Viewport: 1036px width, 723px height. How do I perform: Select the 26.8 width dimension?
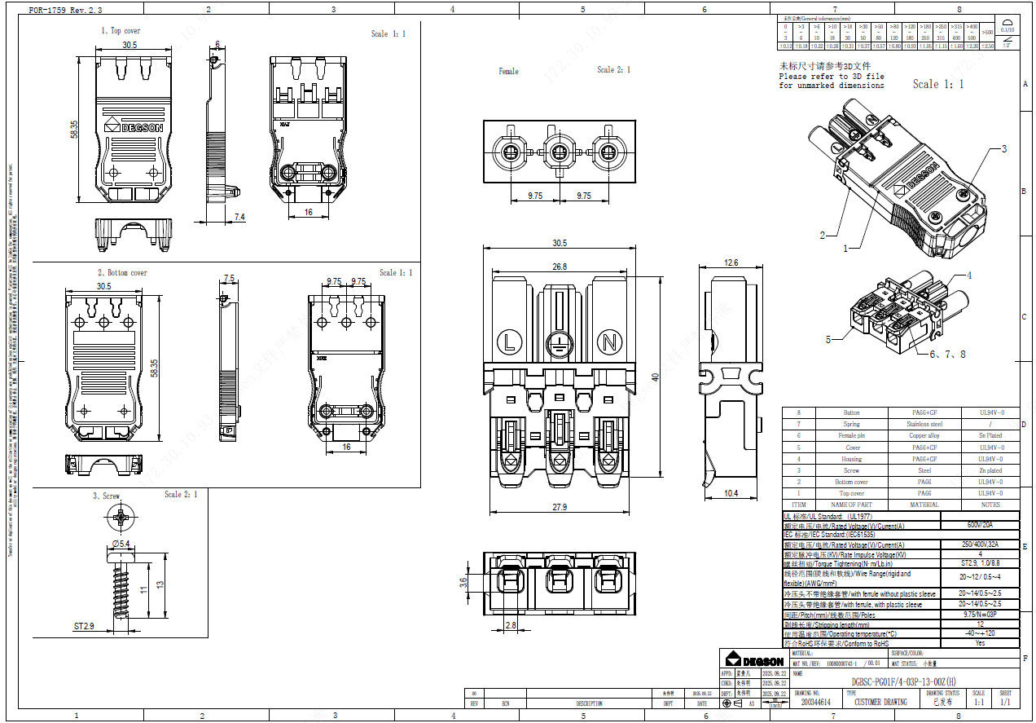click(559, 267)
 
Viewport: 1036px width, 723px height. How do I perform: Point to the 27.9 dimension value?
click(559, 508)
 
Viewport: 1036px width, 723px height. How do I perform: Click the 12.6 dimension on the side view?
click(731, 262)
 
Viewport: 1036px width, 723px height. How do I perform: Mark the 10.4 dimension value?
click(731, 493)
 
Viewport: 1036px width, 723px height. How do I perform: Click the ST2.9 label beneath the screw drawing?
click(85, 627)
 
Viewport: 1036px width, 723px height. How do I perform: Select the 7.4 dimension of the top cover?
click(239, 216)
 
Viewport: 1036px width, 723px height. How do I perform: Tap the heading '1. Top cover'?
click(121, 31)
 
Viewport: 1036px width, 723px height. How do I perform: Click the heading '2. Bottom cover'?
click(122, 273)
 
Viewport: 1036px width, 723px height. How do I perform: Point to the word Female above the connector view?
click(508, 72)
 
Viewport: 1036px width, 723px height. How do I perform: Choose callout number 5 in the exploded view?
click(828, 339)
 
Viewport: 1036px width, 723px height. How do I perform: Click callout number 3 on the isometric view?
click(1003, 149)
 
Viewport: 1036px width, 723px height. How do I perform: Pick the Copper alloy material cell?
click(924, 435)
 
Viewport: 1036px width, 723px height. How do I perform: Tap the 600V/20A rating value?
click(979, 526)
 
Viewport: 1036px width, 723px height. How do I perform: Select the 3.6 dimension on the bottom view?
click(464, 582)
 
